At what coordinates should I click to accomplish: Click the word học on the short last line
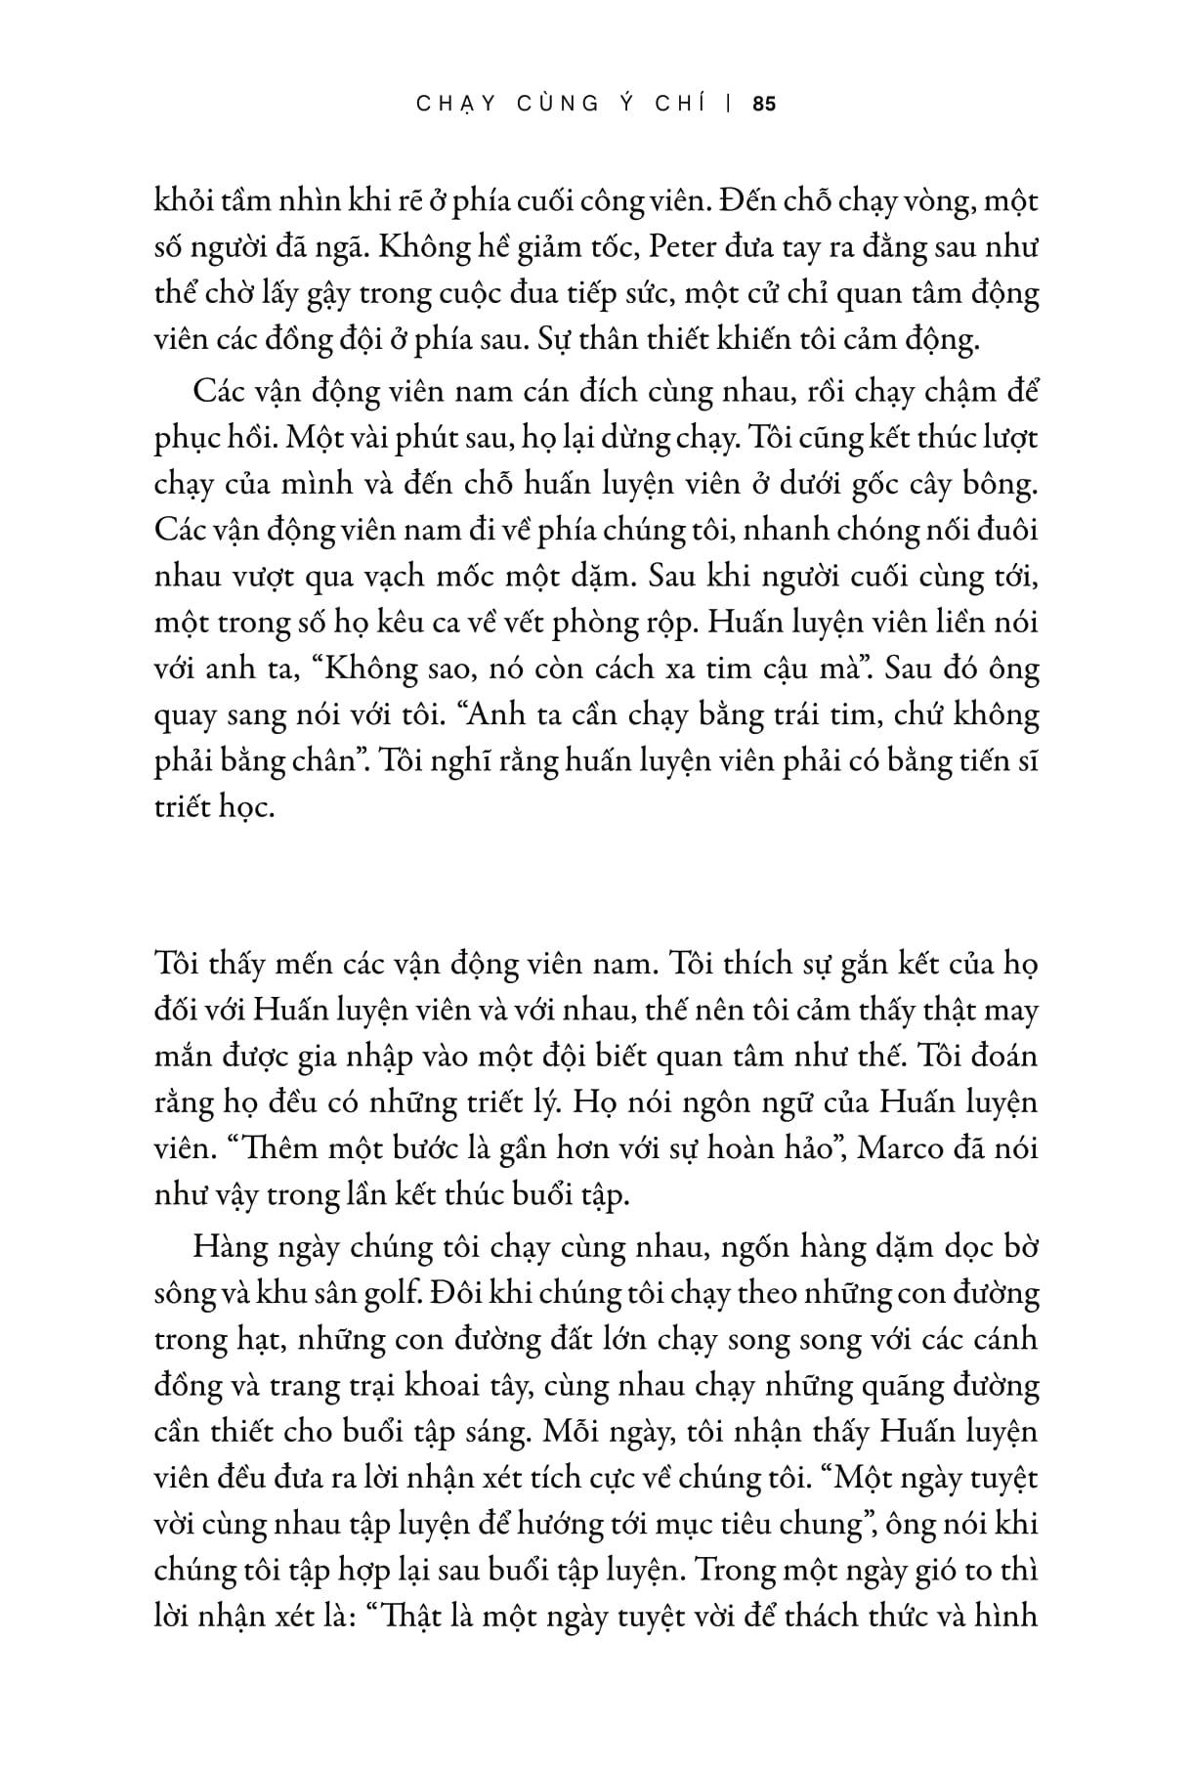tap(241, 810)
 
